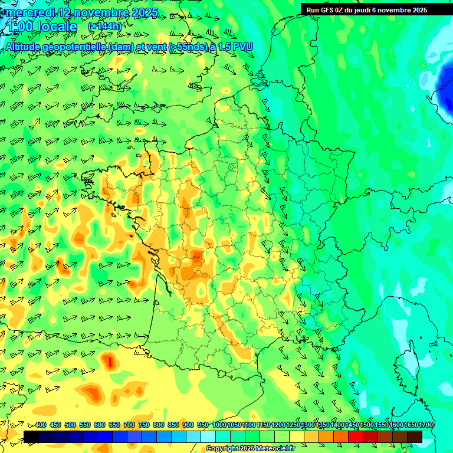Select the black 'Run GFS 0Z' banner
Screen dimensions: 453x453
click(375, 9)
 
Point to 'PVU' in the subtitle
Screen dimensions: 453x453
click(241, 46)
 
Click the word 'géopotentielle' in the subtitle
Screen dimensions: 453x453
click(75, 46)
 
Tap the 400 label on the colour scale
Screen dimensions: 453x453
click(41, 425)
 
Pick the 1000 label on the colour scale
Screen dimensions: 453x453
click(219, 425)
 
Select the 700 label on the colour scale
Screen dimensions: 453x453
click(129, 425)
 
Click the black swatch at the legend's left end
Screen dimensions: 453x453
click(31, 436)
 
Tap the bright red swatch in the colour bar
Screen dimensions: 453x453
click(356, 436)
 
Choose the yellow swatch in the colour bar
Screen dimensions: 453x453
click(297, 436)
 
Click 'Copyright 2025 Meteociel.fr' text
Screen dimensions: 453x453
click(250, 449)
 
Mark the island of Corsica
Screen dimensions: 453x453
click(406, 360)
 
